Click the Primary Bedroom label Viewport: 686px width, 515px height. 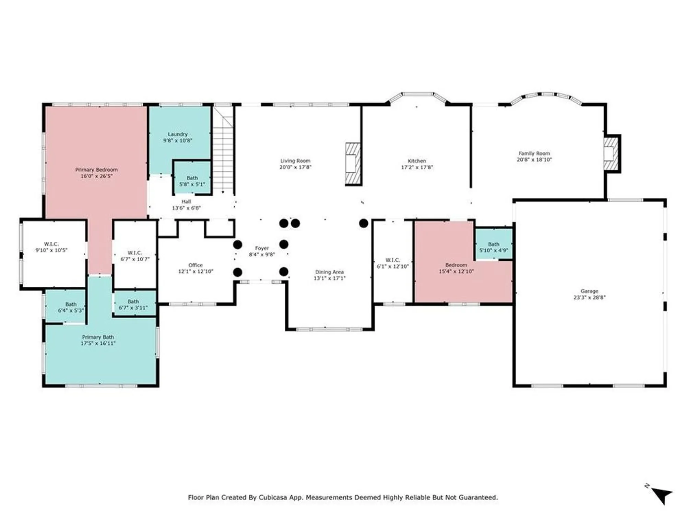[96, 170]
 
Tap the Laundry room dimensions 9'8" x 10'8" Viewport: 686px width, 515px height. [178, 140]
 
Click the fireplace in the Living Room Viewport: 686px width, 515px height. [353, 164]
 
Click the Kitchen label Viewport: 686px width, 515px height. [417, 161]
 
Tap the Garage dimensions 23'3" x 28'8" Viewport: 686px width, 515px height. [589, 297]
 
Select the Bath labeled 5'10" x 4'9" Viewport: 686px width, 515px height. [494, 247]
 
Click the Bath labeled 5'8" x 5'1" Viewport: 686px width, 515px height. [192, 181]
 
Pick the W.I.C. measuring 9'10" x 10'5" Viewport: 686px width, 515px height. [51, 247]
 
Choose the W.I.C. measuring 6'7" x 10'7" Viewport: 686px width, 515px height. [135, 256]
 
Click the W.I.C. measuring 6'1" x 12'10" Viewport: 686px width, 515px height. [393, 263]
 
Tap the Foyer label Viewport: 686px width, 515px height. [262, 248]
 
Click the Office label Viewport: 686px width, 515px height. [196, 265]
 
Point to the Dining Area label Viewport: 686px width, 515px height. [329, 272]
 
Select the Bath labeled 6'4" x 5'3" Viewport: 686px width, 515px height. [71, 307]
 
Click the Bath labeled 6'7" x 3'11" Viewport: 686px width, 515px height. [133, 305]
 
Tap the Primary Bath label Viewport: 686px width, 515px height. [98, 337]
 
